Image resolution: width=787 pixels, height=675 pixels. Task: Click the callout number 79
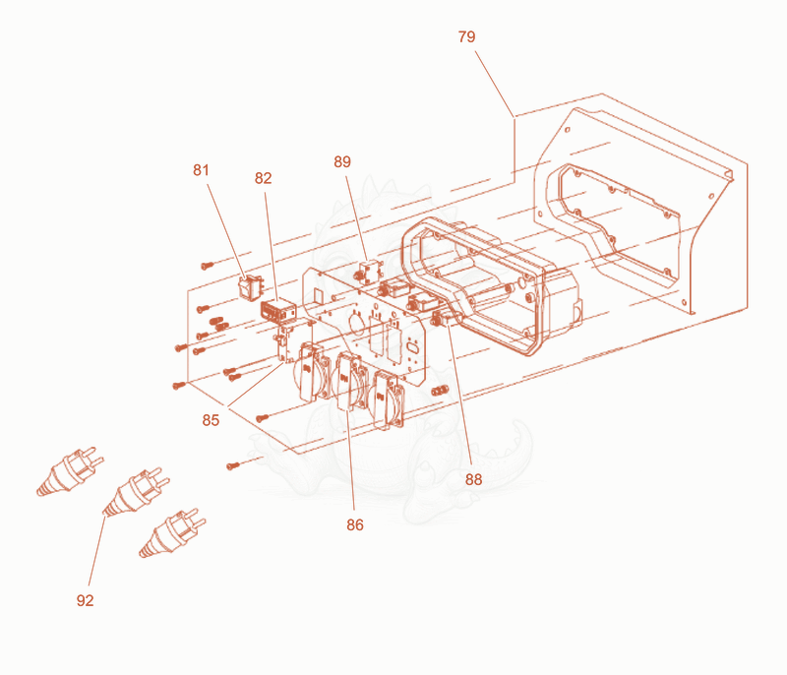(466, 36)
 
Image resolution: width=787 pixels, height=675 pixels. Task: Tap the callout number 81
(201, 170)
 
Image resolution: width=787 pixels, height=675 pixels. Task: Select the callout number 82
(263, 178)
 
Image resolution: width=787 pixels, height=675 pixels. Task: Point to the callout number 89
(342, 161)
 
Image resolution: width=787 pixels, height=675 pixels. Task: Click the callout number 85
(211, 420)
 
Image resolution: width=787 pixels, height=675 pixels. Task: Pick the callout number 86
(355, 524)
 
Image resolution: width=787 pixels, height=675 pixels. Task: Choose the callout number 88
(473, 480)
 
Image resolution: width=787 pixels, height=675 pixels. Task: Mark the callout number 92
(85, 600)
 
